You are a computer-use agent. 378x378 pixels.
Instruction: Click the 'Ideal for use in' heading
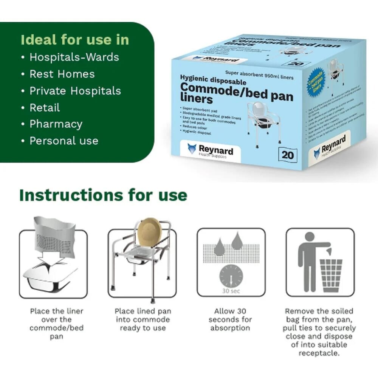pos(75,40)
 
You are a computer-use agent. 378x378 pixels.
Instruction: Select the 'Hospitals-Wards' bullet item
pos(74,57)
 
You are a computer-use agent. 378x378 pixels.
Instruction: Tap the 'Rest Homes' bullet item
pos(62,74)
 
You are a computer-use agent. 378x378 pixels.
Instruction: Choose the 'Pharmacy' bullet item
pos(56,124)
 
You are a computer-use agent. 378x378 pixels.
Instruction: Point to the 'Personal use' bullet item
pos(64,141)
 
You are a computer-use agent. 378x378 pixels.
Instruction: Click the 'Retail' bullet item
pos(45,107)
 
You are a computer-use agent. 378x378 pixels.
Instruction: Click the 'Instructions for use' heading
pos(103,195)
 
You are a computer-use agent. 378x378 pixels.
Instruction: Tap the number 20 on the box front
pos(287,155)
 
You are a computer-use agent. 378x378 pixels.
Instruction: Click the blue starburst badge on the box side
pos(316,80)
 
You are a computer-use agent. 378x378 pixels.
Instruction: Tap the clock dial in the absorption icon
pos(231,275)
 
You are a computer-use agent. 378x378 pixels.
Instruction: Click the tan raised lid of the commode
pos(149,231)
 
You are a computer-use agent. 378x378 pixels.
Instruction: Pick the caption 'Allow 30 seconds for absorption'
pos(230,319)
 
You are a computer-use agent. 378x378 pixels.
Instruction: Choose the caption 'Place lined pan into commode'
pos(143,319)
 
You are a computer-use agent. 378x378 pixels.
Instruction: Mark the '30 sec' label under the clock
pos(231,291)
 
